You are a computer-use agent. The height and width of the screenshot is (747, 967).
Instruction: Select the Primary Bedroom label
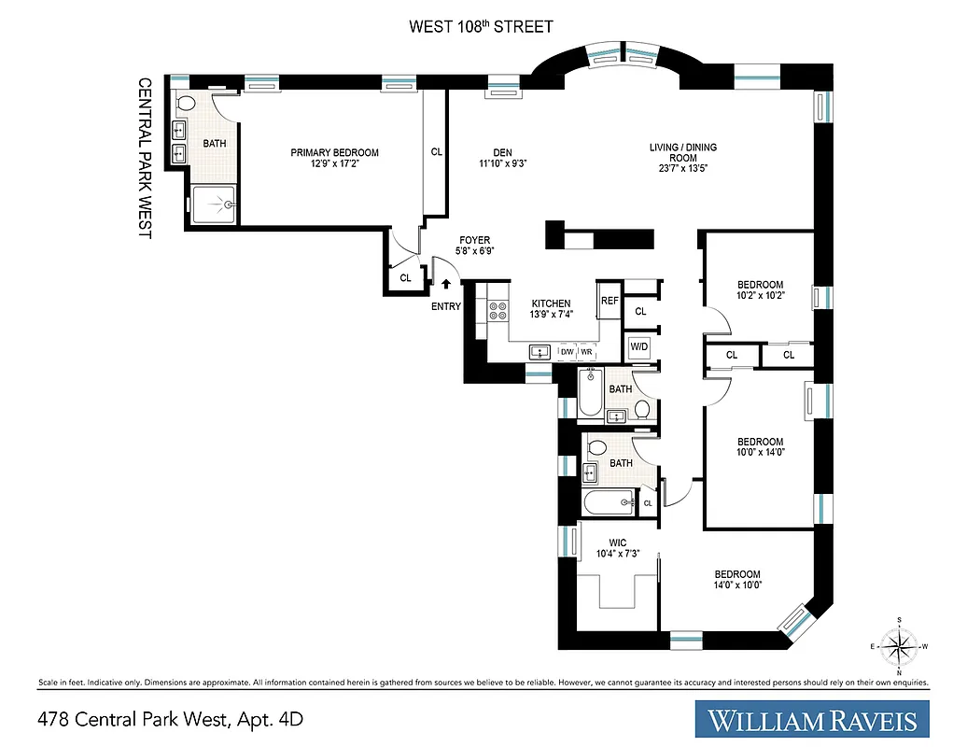(334, 153)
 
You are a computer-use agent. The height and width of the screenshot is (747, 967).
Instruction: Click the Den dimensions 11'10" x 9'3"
(498, 164)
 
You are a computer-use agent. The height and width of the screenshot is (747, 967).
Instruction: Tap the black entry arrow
(445, 284)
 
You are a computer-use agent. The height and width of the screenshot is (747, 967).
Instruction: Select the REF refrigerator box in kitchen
(610, 301)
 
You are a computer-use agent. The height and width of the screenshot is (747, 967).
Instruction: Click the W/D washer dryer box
(639, 346)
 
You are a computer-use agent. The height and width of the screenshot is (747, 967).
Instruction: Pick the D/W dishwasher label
(567, 352)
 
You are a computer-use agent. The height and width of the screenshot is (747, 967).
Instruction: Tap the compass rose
(899, 644)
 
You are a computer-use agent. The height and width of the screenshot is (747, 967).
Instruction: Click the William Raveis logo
(812, 719)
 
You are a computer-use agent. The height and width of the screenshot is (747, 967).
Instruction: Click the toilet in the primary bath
(185, 103)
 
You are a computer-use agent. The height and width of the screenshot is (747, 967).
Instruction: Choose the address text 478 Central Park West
(171, 719)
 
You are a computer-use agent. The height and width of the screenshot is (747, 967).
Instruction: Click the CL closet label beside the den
(436, 152)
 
